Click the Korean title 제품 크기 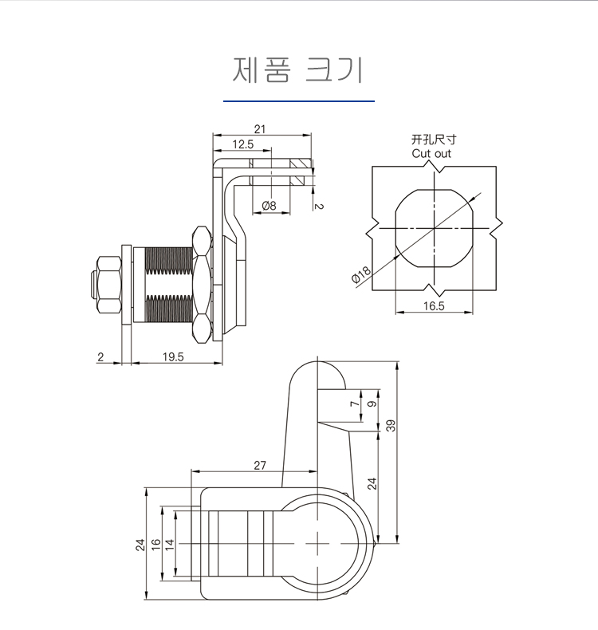tap(297, 70)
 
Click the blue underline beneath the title tap(299, 100)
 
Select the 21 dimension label tap(260, 129)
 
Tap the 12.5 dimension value tap(243, 144)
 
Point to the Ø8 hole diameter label tap(269, 206)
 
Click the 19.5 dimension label tap(173, 356)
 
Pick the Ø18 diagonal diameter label tap(361, 274)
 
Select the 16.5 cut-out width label tap(434, 306)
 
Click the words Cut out tap(431, 153)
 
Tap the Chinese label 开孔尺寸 tap(434, 140)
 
